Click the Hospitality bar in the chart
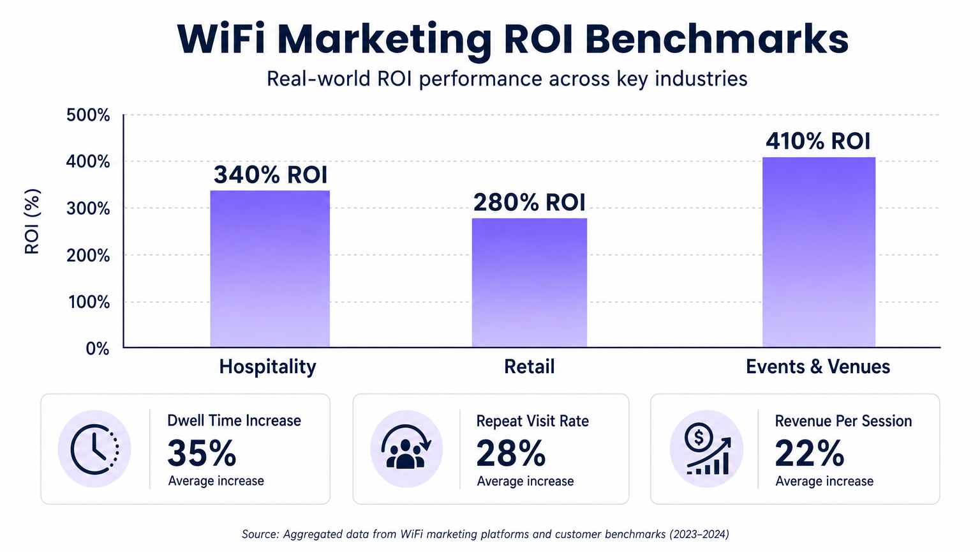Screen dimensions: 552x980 [270, 268]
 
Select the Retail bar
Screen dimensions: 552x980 [529, 282]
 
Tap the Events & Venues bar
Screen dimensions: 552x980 [819, 252]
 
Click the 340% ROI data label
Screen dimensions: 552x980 [270, 174]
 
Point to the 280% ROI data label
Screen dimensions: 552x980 [529, 203]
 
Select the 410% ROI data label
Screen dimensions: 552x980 [818, 141]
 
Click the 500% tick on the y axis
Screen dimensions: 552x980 [88, 116]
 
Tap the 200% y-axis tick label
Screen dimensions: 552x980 [88, 256]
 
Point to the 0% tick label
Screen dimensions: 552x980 [97, 349]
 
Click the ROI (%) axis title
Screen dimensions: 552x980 [32, 221]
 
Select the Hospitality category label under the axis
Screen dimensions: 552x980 [267, 367]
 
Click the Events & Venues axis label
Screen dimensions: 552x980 [817, 367]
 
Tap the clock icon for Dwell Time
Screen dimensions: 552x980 [94, 448]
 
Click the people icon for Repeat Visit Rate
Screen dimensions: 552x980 [406, 448]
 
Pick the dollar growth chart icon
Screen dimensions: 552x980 [706, 448]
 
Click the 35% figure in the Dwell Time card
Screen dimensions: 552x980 [202, 454]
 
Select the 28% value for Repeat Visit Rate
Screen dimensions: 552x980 [511, 454]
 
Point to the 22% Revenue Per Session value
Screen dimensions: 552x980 [809, 454]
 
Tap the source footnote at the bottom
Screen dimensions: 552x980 [485, 534]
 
